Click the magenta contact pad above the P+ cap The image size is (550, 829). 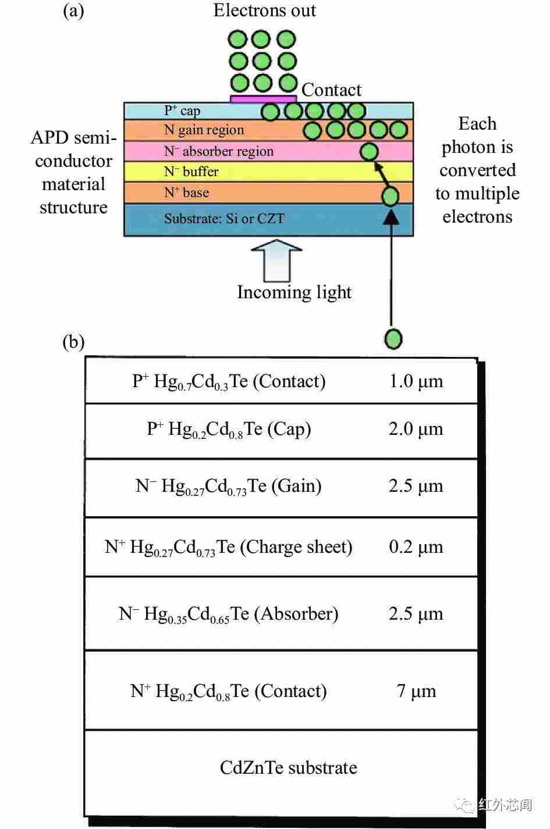click(x=264, y=99)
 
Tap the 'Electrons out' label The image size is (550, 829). click(x=265, y=10)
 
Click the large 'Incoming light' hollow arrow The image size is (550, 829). click(x=276, y=260)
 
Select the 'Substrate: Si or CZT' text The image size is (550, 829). click(x=224, y=219)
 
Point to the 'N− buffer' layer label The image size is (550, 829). click(x=191, y=171)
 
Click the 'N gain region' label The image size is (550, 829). click(x=204, y=130)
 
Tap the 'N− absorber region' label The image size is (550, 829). click(x=219, y=151)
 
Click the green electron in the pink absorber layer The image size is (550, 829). click(x=369, y=152)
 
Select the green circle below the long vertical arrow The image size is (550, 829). click(x=393, y=339)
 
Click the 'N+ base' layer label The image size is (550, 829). click(x=186, y=192)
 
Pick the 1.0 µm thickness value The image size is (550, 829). click(x=416, y=381)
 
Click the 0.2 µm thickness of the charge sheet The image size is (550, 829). click(x=416, y=546)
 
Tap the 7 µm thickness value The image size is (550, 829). click(x=416, y=691)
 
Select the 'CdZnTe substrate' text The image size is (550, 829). click(x=288, y=767)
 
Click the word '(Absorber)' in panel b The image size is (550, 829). click(x=296, y=613)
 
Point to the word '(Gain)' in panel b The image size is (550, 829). click(x=296, y=486)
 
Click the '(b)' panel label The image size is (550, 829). click(x=73, y=342)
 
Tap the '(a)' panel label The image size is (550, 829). click(x=73, y=10)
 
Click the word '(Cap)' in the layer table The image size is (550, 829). click(x=289, y=429)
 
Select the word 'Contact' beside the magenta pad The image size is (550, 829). click(x=331, y=90)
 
